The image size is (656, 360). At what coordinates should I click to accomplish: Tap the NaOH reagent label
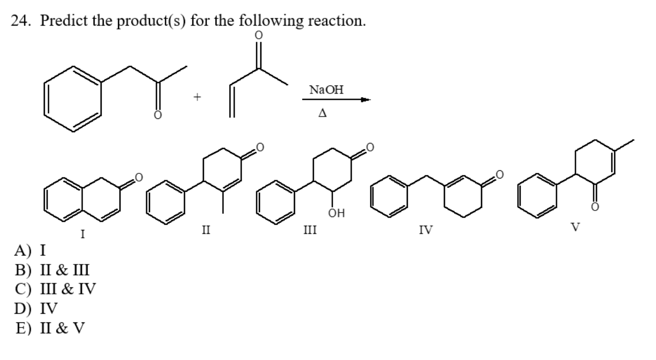[326, 90]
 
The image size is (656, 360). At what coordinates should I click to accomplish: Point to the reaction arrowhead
[365, 100]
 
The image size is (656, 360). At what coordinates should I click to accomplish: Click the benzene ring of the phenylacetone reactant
[72, 97]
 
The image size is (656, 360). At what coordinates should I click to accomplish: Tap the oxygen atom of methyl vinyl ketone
[259, 35]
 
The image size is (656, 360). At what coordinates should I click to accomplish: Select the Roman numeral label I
[82, 234]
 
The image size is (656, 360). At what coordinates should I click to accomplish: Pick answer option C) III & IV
[55, 289]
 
